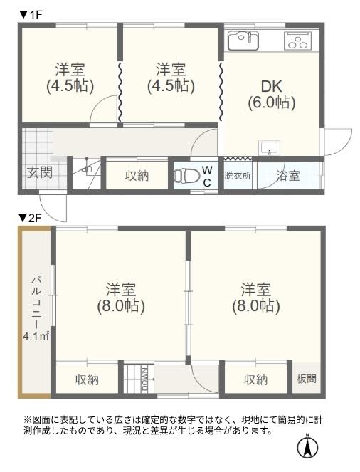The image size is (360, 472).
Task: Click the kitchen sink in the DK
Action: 243,41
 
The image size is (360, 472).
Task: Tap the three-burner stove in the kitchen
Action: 297,41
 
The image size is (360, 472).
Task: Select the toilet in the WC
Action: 187,175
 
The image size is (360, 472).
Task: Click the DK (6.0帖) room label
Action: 272,95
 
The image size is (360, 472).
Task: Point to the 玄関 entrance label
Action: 40,172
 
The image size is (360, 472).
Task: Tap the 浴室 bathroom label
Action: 288,176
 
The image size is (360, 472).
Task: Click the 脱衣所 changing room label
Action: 238,176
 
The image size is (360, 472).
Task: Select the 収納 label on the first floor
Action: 137,176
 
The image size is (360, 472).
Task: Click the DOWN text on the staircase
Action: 144,379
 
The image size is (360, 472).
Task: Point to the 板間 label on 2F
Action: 307,379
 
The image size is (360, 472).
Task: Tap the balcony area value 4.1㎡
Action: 36,336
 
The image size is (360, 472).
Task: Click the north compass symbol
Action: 307,446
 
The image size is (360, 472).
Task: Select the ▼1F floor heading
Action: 31,15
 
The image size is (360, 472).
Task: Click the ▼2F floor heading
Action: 30,218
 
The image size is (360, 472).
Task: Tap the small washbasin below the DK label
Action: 269,148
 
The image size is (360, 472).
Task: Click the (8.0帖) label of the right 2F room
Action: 256,306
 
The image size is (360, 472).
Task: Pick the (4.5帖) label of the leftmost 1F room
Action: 70,86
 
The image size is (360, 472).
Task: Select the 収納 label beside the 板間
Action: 255,379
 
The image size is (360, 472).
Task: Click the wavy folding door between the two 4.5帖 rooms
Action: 120,92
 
